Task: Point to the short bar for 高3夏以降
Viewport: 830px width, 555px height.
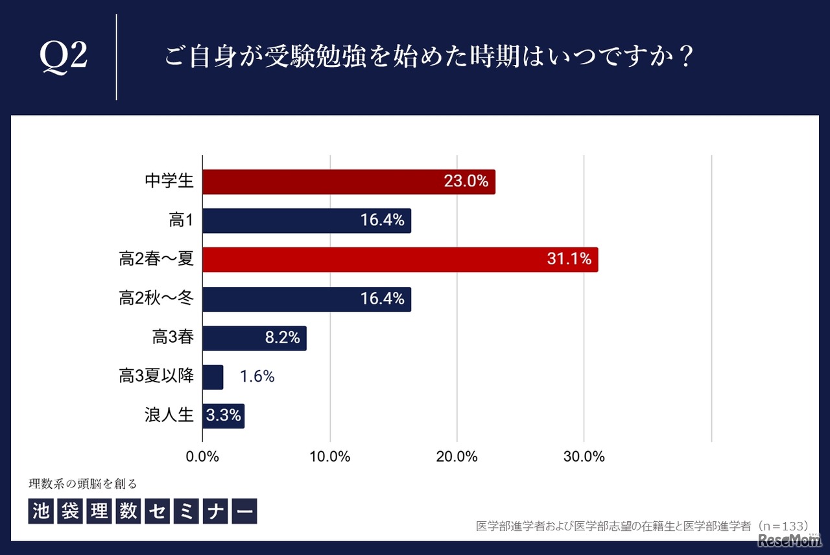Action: (213, 376)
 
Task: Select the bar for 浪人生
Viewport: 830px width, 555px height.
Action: (223, 415)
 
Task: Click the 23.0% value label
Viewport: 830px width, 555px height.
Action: (466, 182)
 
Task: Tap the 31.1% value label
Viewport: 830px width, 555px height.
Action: (569, 260)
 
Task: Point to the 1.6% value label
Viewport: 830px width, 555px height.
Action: (257, 376)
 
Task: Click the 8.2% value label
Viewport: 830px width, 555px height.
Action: (283, 338)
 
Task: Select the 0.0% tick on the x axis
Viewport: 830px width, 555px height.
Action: (203, 456)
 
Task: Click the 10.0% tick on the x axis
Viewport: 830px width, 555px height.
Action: (330, 456)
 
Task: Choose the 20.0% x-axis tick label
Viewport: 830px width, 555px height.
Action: (457, 456)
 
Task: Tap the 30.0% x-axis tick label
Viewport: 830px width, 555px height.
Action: (584, 456)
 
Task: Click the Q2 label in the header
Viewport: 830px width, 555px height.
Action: (64, 58)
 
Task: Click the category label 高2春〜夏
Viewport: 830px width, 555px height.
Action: (156, 260)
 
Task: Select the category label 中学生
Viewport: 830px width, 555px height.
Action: (169, 182)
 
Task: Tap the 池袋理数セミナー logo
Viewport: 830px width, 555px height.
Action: (143, 510)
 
